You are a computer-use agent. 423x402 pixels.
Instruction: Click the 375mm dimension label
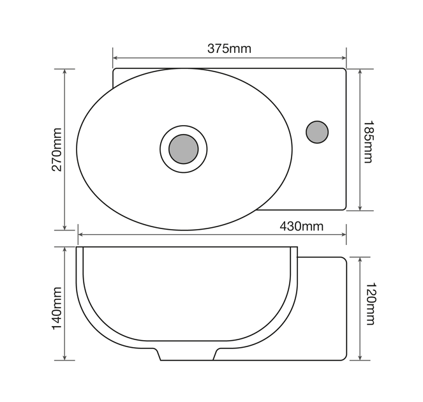(x=229, y=49)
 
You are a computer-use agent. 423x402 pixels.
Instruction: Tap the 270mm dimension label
(x=57, y=149)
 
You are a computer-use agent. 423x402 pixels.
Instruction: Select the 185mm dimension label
(x=368, y=142)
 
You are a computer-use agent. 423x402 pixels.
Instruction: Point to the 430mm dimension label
(x=301, y=227)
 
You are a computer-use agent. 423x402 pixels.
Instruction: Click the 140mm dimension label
(x=57, y=308)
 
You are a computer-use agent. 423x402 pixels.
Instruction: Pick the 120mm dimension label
(x=369, y=304)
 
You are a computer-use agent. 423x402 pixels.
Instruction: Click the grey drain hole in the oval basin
(x=184, y=149)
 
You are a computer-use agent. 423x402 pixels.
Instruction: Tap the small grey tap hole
(x=317, y=132)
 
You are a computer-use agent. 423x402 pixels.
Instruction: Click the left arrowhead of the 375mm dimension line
(x=115, y=57)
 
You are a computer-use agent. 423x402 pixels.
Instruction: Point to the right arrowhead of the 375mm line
(x=344, y=57)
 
